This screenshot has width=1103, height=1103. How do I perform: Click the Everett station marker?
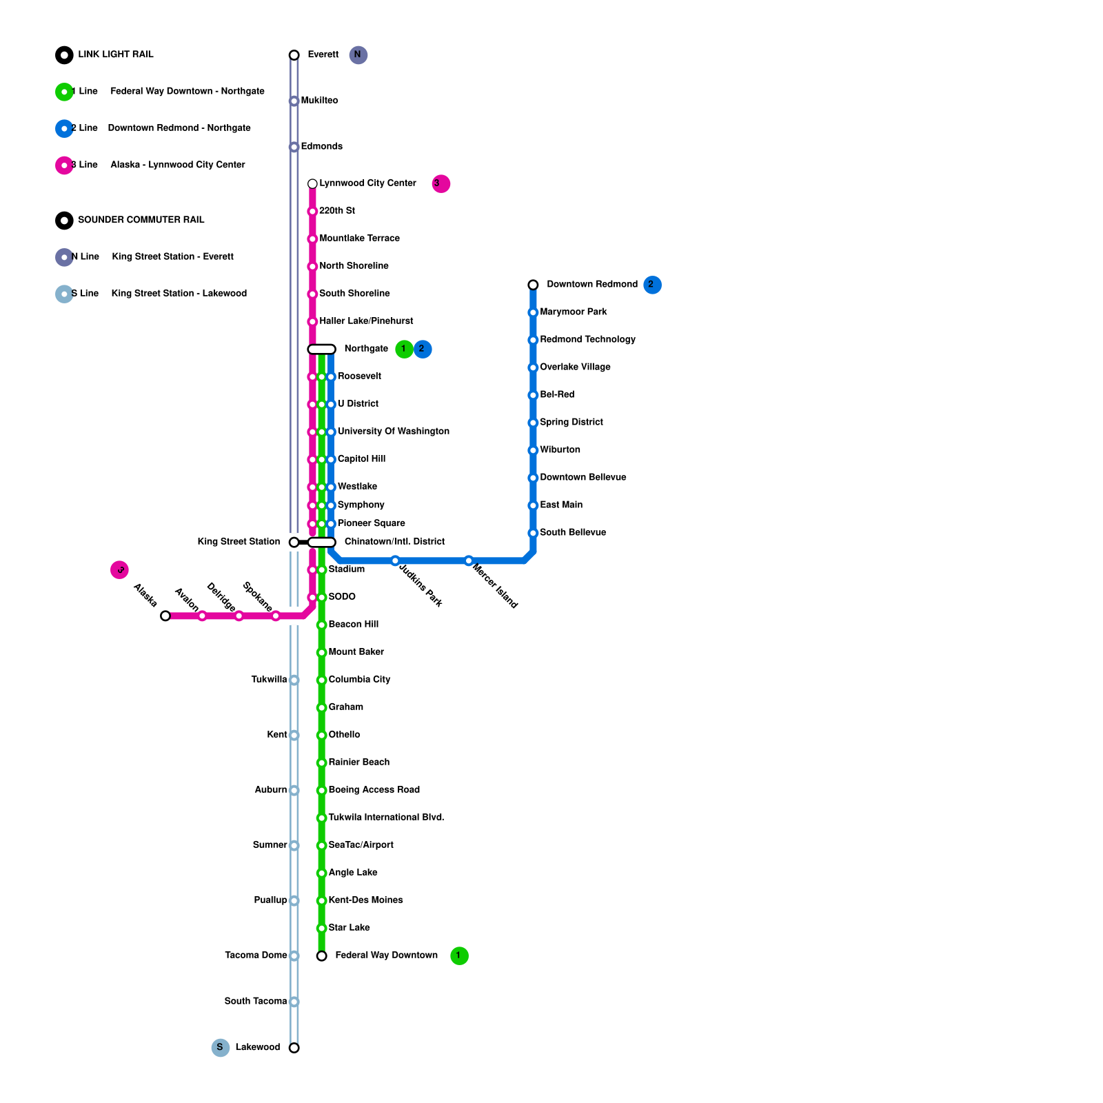tap(294, 55)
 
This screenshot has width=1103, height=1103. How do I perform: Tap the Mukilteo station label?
tap(319, 101)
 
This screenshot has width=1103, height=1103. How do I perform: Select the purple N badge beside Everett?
tap(358, 55)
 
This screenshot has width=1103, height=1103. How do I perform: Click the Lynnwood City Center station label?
tap(367, 183)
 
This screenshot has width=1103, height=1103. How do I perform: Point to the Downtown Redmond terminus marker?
tap(533, 285)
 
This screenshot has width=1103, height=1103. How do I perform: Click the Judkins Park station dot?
tap(395, 560)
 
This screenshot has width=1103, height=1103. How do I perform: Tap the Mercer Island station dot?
tap(469, 560)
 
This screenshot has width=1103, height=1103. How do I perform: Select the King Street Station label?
tap(239, 542)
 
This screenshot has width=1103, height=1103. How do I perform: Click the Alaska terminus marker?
tap(165, 616)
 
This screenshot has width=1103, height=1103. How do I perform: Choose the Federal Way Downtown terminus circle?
tap(321, 955)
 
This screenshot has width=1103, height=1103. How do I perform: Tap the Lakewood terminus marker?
tap(294, 1048)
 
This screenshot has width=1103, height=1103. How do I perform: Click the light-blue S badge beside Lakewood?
tap(220, 1048)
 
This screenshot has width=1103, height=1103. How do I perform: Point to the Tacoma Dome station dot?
tap(294, 955)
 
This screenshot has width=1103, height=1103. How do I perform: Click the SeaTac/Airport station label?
tap(361, 845)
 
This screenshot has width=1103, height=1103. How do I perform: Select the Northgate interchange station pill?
tap(321, 349)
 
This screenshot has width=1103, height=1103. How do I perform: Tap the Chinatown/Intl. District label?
tap(394, 542)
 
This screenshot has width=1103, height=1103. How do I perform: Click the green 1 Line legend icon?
tap(64, 92)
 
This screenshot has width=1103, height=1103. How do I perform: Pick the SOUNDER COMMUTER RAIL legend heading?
tap(141, 220)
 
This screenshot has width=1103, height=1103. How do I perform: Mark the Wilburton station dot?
tap(533, 450)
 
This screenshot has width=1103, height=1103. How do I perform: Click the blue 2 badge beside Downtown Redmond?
tap(652, 285)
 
